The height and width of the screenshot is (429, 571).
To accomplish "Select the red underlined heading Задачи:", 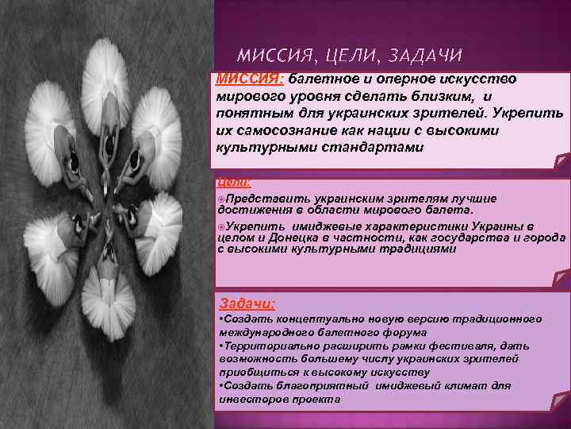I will pyautogui.click(x=247, y=303).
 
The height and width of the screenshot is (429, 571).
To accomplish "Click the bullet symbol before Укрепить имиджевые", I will pyautogui.click(x=220, y=226).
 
